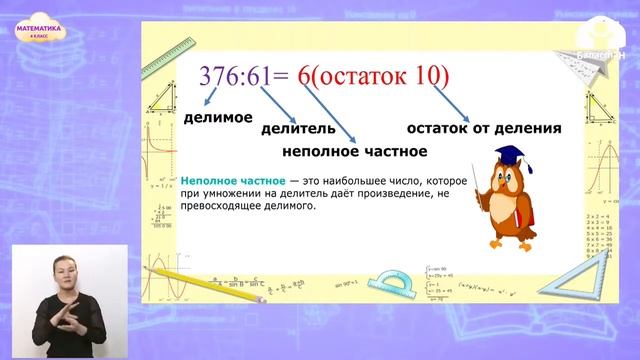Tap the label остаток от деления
coord(483,129)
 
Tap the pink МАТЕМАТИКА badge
coord(40,32)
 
